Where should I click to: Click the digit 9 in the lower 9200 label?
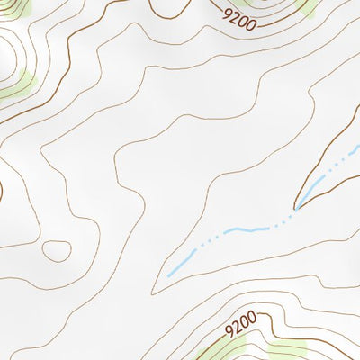coord(229,328)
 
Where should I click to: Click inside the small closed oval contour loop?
coord(56,250)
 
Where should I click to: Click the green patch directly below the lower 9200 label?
coord(225,349)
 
